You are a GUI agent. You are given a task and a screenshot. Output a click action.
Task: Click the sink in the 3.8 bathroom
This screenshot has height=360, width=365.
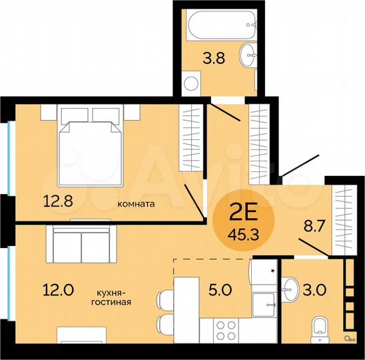point(248,54)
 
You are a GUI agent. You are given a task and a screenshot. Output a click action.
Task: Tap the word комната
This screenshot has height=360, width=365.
point(137,205)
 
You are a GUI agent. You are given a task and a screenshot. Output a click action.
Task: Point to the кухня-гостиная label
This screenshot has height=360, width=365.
point(112,296)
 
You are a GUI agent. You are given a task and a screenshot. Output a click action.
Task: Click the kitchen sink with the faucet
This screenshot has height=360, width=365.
point(264,305)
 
